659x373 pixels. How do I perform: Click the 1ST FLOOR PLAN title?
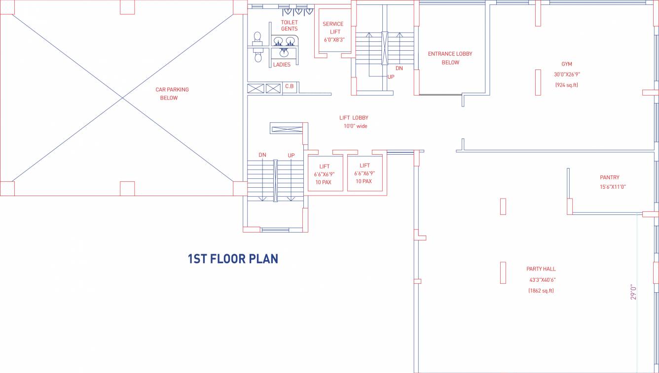pyautogui.click(x=233, y=259)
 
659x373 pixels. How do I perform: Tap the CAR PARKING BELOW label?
pyautogui.click(x=172, y=94)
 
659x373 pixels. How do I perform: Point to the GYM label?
pyautogui.click(x=567, y=64)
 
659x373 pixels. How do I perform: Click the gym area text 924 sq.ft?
pyautogui.click(x=567, y=85)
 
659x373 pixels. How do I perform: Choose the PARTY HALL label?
pyautogui.click(x=541, y=269)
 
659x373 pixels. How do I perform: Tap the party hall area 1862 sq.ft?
pyautogui.click(x=541, y=291)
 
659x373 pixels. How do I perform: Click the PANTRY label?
pyautogui.click(x=610, y=177)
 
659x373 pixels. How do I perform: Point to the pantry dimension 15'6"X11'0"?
pyautogui.click(x=613, y=187)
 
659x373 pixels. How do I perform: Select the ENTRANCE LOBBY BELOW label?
pyautogui.click(x=450, y=58)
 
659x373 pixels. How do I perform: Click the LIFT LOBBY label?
pyautogui.click(x=354, y=118)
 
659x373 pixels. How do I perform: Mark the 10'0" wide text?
pyautogui.click(x=355, y=126)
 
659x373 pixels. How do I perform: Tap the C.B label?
pyautogui.click(x=290, y=86)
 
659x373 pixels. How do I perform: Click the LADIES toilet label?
pyautogui.click(x=282, y=65)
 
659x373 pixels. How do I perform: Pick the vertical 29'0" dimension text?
pyautogui.click(x=633, y=292)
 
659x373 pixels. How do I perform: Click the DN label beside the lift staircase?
pyautogui.click(x=262, y=155)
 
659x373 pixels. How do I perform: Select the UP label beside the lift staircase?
pyautogui.click(x=291, y=155)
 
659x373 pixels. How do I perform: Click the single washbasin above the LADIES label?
pyautogui.click(x=284, y=53)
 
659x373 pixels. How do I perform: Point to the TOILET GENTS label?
pyautogui.click(x=289, y=26)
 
